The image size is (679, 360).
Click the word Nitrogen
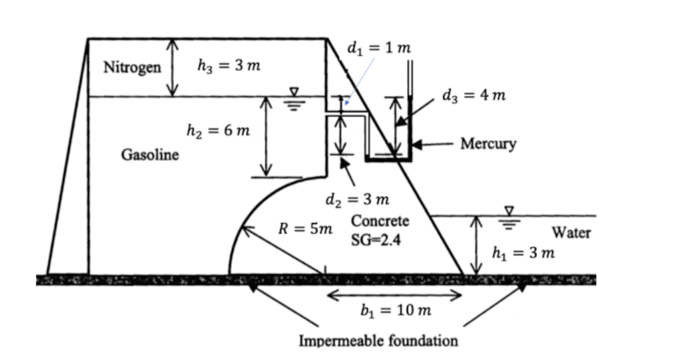(x=132, y=67)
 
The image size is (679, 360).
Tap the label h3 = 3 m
(x=229, y=66)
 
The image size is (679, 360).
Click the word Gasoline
(x=150, y=155)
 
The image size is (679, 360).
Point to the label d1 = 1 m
(x=378, y=48)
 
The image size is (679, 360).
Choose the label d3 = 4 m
(x=474, y=95)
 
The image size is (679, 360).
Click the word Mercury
(x=488, y=143)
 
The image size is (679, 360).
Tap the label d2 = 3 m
(x=357, y=199)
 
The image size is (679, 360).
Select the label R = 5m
(x=306, y=229)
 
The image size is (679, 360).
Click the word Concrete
(x=380, y=221)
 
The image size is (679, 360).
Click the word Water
(x=571, y=233)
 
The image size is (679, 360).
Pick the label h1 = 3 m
(x=523, y=253)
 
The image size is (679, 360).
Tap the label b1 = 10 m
(x=396, y=311)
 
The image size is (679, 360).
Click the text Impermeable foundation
(x=378, y=340)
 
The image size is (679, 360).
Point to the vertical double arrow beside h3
(x=172, y=67)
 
